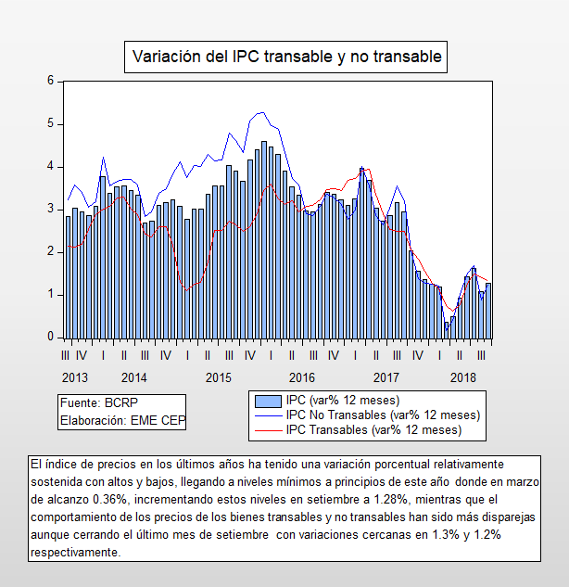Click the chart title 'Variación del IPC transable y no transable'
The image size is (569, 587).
coord(288,57)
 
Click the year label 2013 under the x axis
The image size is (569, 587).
coord(76,377)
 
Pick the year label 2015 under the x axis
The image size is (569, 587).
coord(218,377)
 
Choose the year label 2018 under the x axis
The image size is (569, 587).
coord(463,377)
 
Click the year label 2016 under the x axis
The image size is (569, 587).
coord(302,377)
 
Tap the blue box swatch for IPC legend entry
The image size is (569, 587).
coord(268,401)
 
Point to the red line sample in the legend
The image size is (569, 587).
coord(268,429)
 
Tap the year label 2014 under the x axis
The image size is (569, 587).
coord(133,377)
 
